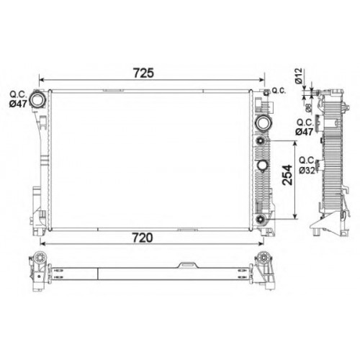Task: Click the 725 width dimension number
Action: click(x=143, y=73)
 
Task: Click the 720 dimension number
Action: click(x=143, y=238)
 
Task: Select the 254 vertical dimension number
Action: click(x=287, y=175)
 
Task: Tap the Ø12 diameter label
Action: click(x=298, y=76)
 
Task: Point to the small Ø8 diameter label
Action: click(x=309, y=108)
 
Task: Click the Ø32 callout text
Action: click(x=307, y=170)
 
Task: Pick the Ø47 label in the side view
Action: click(x=304, y=132)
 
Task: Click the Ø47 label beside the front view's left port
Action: click(x=18, y=104)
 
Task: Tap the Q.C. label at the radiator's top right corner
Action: click(x=279, y=91)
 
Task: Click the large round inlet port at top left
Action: click(x=37, y=99)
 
